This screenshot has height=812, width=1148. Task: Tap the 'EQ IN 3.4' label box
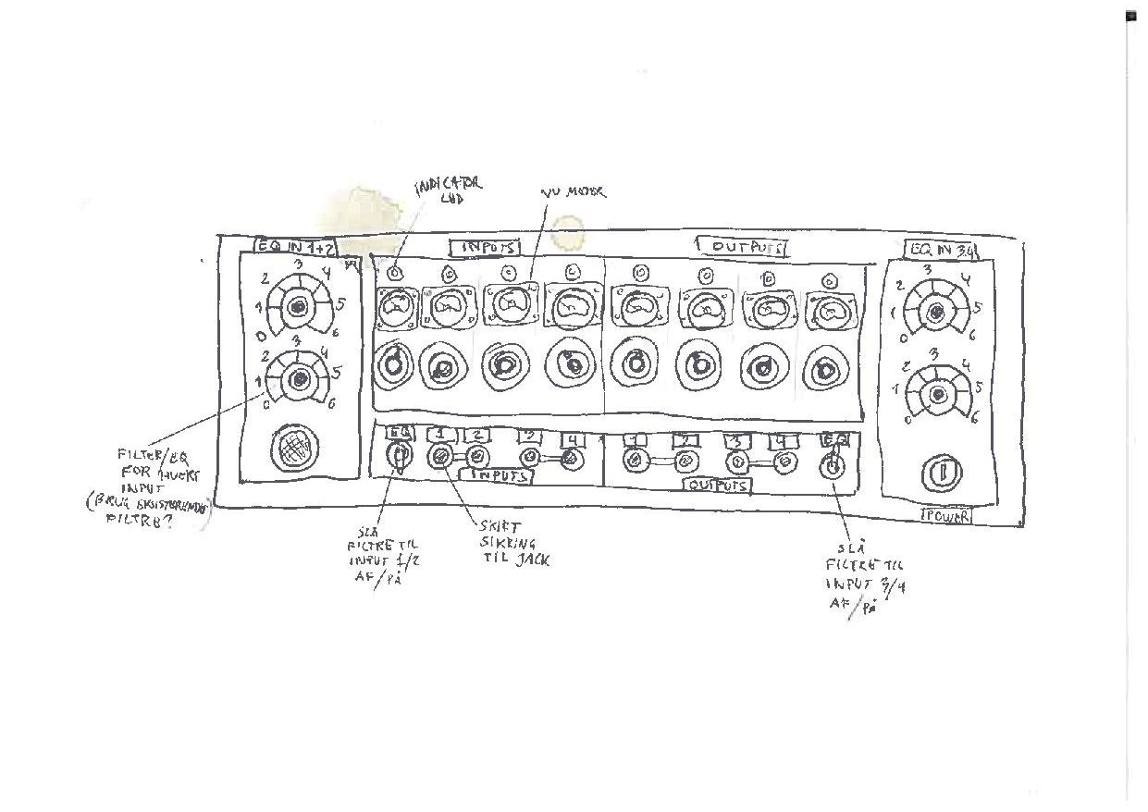tap(941, 249)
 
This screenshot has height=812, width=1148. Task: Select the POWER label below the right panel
tap(945, 516)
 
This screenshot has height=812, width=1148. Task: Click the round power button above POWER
tap(941, 474)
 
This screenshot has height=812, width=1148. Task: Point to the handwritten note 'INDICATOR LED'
tap(449, 191)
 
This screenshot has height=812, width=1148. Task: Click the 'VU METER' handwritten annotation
tap(574, 192)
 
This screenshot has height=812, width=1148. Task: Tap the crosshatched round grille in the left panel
tap(293, 450)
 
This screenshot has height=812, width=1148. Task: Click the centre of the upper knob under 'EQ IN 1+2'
tap(297, 308)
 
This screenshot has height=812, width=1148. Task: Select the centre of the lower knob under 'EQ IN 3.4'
tap(938, 395)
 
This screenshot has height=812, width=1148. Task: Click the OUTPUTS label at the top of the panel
tap(742, 247)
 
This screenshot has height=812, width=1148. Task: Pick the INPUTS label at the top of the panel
tap(485, 248)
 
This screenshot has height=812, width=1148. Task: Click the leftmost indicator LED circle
tap(395, 274)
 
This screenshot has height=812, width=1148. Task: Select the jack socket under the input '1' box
tap(441, 456)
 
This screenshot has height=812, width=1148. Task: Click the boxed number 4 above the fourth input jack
tap(574, 439)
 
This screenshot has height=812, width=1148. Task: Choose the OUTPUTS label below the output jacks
tap(719, 485)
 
